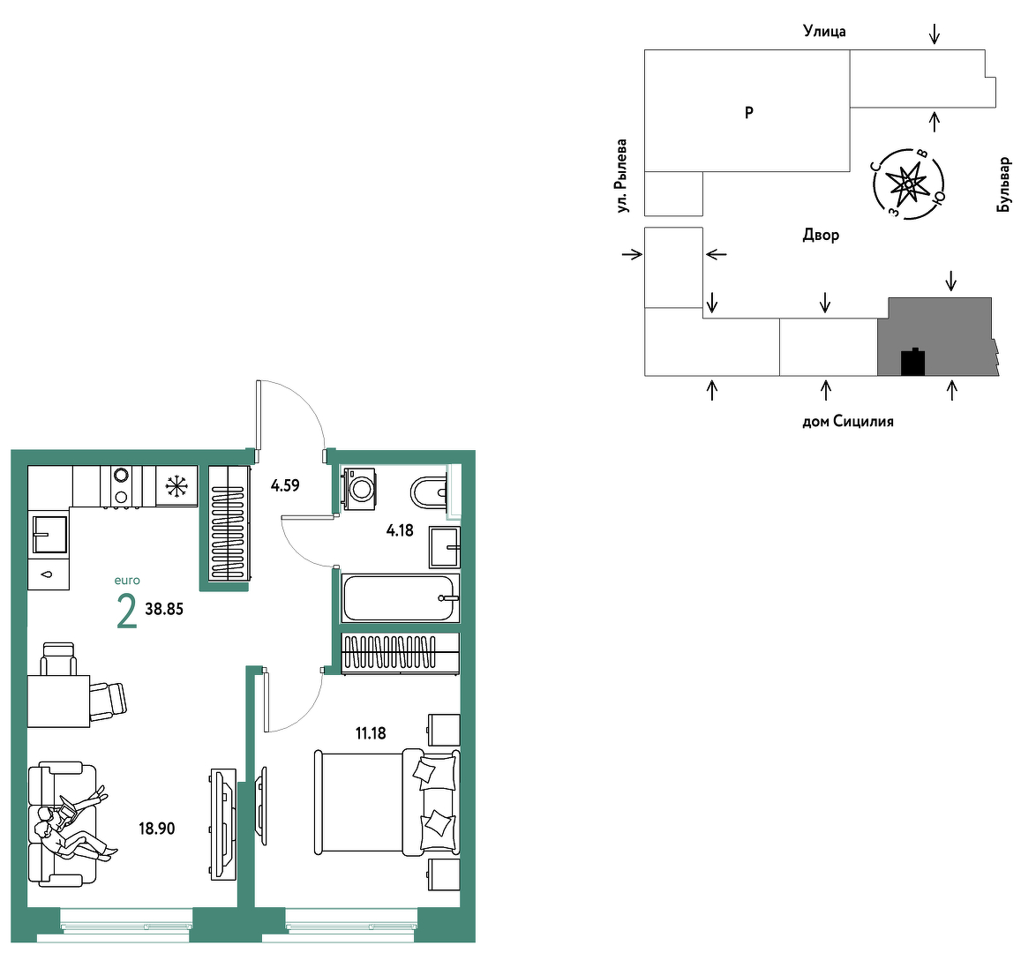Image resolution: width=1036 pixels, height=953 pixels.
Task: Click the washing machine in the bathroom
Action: pyautogui.click(x=359, y=489)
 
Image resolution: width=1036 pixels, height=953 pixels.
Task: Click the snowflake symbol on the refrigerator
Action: pyautogui.click(x=176, y=486)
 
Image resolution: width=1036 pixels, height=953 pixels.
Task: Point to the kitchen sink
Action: pyautogui.click(x=49, y=534)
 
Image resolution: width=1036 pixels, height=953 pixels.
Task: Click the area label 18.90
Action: pyautogui.click(x=156, y=829)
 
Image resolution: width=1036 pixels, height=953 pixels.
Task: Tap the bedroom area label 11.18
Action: pyautogui.click(x=370, y=733)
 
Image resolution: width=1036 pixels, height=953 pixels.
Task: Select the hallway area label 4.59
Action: pyautogui.click(x=285, y=485)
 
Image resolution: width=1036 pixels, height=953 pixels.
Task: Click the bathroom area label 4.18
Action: pyautogui.click(x=400, y=530)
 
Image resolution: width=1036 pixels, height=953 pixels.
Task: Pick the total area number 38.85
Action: pyautogui.click(x=164, y=610)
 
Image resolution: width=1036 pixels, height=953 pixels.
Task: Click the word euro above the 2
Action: pyautogui.click(x=127, y=581)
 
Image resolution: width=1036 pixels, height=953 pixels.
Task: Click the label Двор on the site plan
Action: pyautogui.click(x=821, y=235)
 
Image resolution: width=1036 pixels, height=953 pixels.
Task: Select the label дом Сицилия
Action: pyautogui.click(x=848, y=421)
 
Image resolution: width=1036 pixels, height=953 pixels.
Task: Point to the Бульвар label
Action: pyautogui.click(x=1003, y=184)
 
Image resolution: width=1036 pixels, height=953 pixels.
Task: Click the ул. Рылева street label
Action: pyautogui.click(x=621, y=176)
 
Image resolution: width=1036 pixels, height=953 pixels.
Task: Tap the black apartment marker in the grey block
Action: pyautogui.click(x=912, y=362)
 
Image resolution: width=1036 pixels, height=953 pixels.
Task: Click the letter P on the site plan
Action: pyautogui.click(x=748, y=112)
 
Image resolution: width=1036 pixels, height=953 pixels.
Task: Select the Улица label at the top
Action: pyautogui.click(x=824, y=30)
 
